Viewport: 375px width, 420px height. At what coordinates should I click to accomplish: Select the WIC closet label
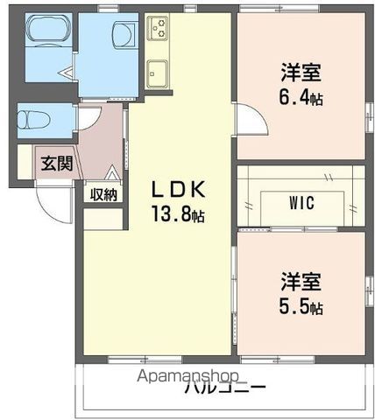click(301, 203)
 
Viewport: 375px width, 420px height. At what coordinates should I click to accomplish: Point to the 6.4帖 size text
click(301, 99)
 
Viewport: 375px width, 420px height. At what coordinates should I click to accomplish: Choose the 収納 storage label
click(103, 194)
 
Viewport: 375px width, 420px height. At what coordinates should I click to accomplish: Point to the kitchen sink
click(158, 70)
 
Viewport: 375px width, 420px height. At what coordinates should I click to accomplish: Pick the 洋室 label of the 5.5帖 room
click(301, 283)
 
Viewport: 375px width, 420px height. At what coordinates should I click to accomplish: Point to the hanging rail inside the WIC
click(301, 185)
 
